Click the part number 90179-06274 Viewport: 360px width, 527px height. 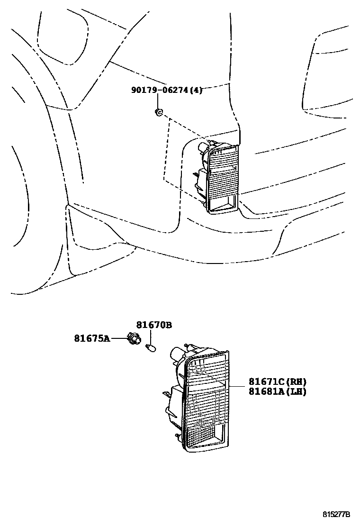click(160, 90)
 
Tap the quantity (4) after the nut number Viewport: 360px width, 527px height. click(196, 90)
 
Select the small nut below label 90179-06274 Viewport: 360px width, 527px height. click(159, 112)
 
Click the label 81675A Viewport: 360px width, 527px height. click(91, 338)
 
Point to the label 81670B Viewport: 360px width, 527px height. click(154, 325)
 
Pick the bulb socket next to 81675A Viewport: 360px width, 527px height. click(135, 339)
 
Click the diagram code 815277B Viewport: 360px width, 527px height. click(336, 514)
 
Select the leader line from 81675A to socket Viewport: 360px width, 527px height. click(118, 338)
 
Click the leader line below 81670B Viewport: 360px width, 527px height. click(150, 337)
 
